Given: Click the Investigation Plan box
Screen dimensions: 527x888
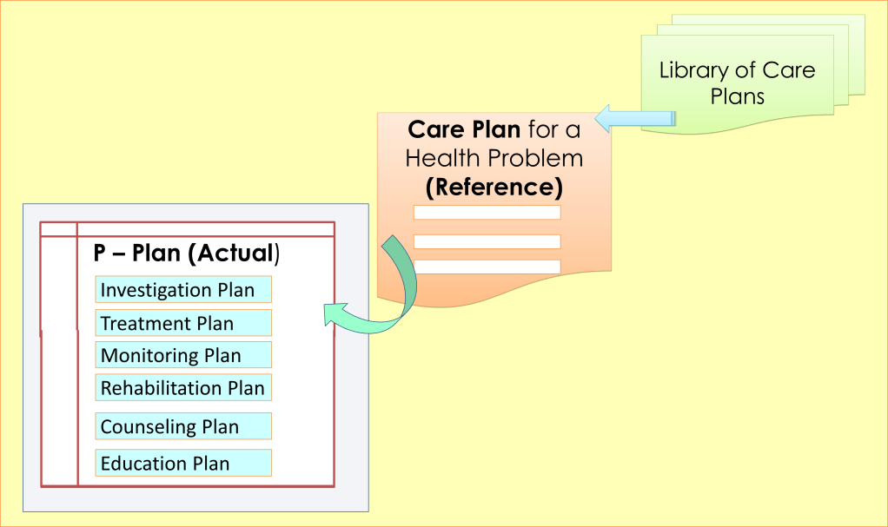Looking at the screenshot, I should click(x=183, y=289).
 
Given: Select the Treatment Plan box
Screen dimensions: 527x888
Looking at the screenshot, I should click(x=183, y=323).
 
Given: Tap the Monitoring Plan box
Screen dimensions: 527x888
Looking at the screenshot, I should click(x=183, y=354).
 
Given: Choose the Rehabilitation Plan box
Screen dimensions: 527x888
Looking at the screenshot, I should click(x=183, y=387).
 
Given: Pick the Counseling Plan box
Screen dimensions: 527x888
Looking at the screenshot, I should click(x=183, y=426).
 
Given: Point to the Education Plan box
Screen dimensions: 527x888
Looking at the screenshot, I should click(x=183, y=463).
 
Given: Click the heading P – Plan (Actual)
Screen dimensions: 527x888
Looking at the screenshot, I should click(x=187, y=254).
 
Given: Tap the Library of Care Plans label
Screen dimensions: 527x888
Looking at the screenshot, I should click(x=737, y=82).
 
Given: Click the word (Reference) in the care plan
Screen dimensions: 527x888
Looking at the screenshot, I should click(x=494, y=186).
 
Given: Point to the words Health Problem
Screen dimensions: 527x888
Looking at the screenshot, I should click(x=494, y=158).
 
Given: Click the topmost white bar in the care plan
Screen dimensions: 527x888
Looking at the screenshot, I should click(x=487, y=212).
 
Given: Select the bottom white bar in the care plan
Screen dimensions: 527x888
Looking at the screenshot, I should click(x=487, y=267).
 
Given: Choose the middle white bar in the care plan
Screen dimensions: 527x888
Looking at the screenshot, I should click(x=487, y=241).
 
